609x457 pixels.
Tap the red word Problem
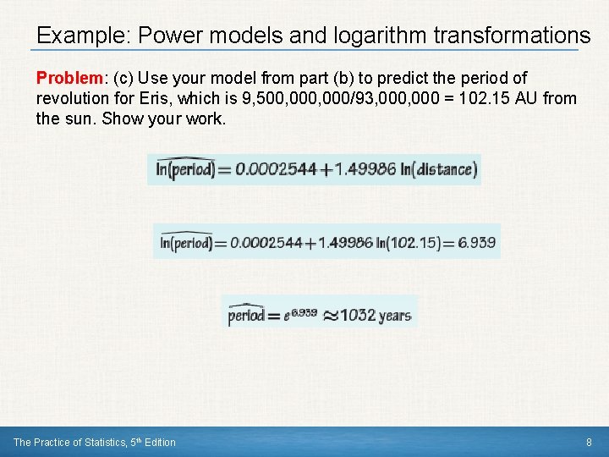69,78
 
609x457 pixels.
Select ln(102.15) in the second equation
409,243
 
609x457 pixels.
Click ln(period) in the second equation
185,243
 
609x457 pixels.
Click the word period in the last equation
246,316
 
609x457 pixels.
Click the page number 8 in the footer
589,442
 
